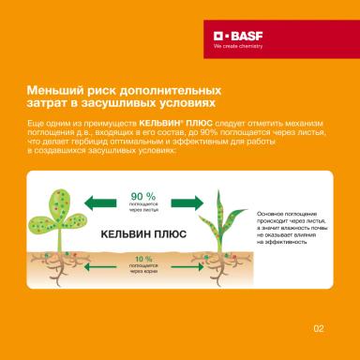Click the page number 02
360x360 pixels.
tap(318, 328)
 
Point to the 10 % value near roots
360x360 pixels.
tap(142, 258)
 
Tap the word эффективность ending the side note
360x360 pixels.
tap(284, 242)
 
